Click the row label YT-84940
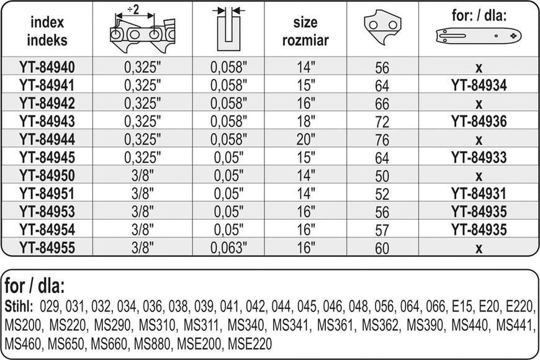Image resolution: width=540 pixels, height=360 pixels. coord(47,67)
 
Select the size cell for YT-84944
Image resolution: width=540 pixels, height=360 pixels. coord(306,139)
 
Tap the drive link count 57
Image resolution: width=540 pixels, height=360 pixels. coord(382,230)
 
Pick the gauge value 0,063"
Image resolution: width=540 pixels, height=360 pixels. coord(228,248)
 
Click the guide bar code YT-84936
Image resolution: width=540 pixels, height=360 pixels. coord(479,121)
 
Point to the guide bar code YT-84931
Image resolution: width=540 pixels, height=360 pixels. coord(479,193)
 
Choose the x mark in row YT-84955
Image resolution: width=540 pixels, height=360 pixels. coord(479,248)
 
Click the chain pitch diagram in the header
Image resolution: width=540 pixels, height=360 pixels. coord(143,29)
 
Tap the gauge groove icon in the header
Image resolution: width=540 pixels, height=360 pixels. coord(228,29)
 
